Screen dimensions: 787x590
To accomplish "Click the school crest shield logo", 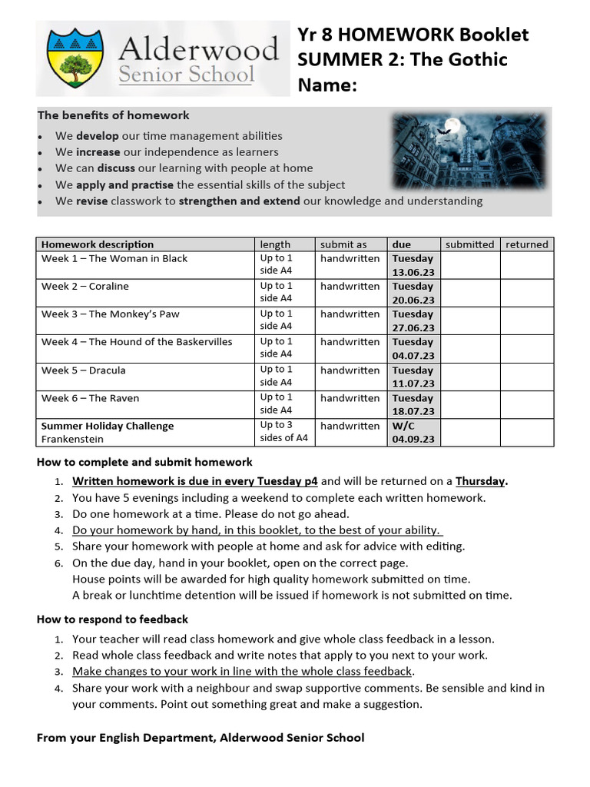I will coord(75,58).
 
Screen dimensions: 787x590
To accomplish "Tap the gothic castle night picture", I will coord(470,151).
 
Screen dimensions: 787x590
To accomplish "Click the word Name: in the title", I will coord(327,85).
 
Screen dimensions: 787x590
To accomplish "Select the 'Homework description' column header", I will coord(98,244).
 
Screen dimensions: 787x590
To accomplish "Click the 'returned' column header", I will coord(526,244).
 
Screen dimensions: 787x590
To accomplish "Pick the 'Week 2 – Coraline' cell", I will coord(85,287).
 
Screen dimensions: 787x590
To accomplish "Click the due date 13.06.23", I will coord(413,272).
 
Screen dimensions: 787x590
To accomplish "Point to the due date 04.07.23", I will coord(413,356).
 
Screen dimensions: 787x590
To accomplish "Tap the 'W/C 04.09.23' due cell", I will coord(413,433).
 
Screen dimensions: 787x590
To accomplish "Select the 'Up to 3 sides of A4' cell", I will coord(284,432).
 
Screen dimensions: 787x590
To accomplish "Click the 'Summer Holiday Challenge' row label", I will coord(108,426).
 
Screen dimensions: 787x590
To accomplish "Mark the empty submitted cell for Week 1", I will coord(470,265).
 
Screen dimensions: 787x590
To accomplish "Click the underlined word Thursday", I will coord(481,481).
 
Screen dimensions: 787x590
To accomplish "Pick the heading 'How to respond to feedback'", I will coord(112,619).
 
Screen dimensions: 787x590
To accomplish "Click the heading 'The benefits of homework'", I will coord(114,115).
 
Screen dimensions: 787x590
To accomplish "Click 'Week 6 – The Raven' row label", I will coord(91,398).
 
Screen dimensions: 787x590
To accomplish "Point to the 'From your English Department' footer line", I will coord(201,738).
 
